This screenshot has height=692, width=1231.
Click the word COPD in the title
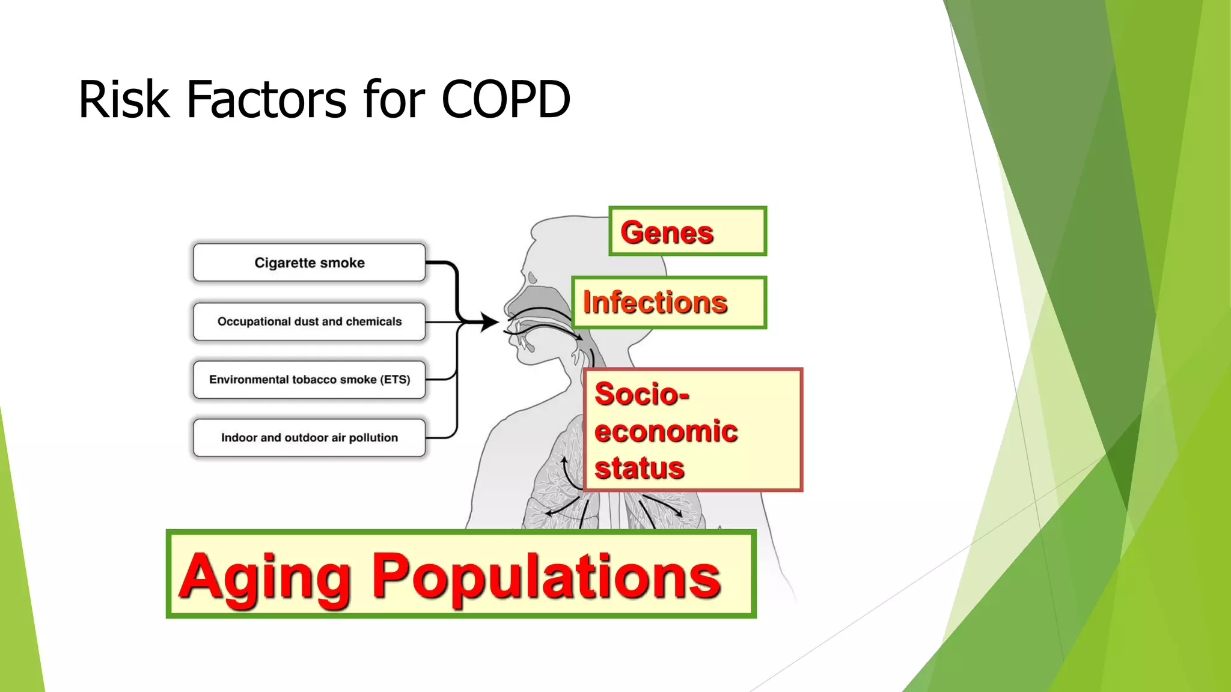[x=506, y=100]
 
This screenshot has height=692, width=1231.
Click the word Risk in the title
[x=124, y=100]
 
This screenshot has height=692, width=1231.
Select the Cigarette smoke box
[x=309, y=263]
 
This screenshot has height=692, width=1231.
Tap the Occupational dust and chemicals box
[x=309, y=321]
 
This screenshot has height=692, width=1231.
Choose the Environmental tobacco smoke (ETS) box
[x=309, y=380]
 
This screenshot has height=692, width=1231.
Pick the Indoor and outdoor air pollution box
[x=309, y=438]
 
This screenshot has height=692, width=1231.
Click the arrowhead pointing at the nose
[x=490, y=322]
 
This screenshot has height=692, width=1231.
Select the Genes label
[x=667, y=232]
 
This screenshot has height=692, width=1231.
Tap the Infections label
[x=655, y=302]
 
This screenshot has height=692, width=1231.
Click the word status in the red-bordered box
[x=639, y=469]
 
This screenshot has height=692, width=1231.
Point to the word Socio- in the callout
[x=641, y=395]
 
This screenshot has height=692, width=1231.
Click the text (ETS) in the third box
[x=395, y=380]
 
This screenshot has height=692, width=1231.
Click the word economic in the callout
[x=665, y=431]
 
